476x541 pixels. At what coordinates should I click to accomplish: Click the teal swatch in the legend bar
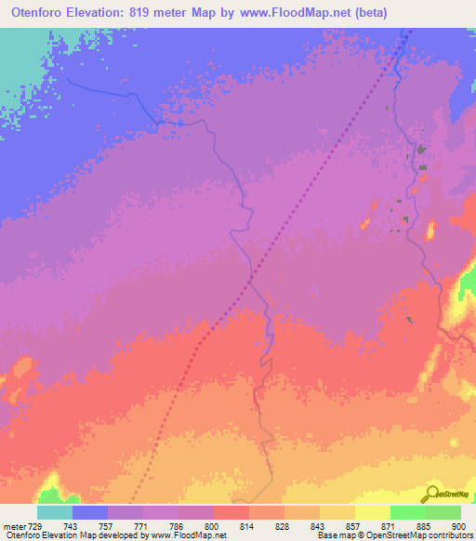[x=55, y=512]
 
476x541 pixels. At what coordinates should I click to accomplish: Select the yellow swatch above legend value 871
[x=372, y=512]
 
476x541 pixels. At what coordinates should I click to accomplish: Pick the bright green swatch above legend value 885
[x=407, y=512]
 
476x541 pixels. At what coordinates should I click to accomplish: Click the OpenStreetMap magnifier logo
[x=430, y=494]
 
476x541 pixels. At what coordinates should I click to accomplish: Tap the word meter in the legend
[x=13, y=525]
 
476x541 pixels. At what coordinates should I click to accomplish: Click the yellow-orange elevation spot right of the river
[x=430, y=230]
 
